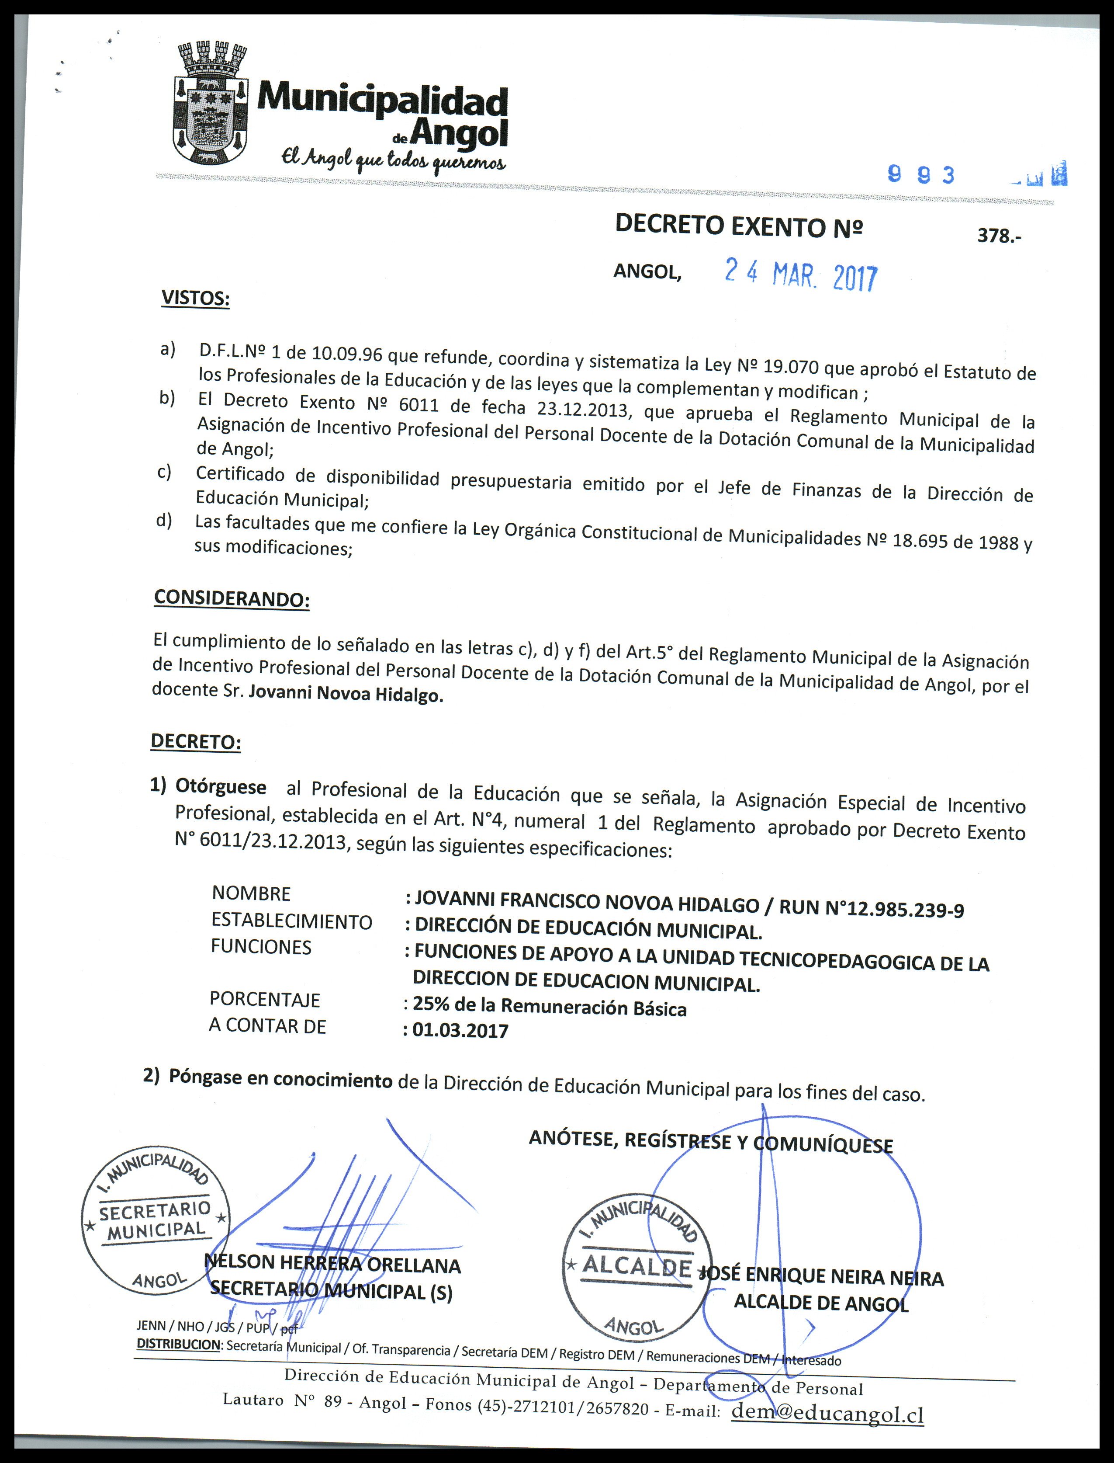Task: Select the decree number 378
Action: [999, 236]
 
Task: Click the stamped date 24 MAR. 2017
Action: [800, 275]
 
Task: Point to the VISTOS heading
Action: [196, 298]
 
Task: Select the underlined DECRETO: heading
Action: [196, 741]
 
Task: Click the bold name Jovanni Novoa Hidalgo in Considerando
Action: [346, 694]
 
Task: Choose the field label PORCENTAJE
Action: [265, 999]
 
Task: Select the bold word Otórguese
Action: [221, 787]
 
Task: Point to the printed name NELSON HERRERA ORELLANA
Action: [333, 1264]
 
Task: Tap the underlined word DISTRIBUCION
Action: [178, 1345]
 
